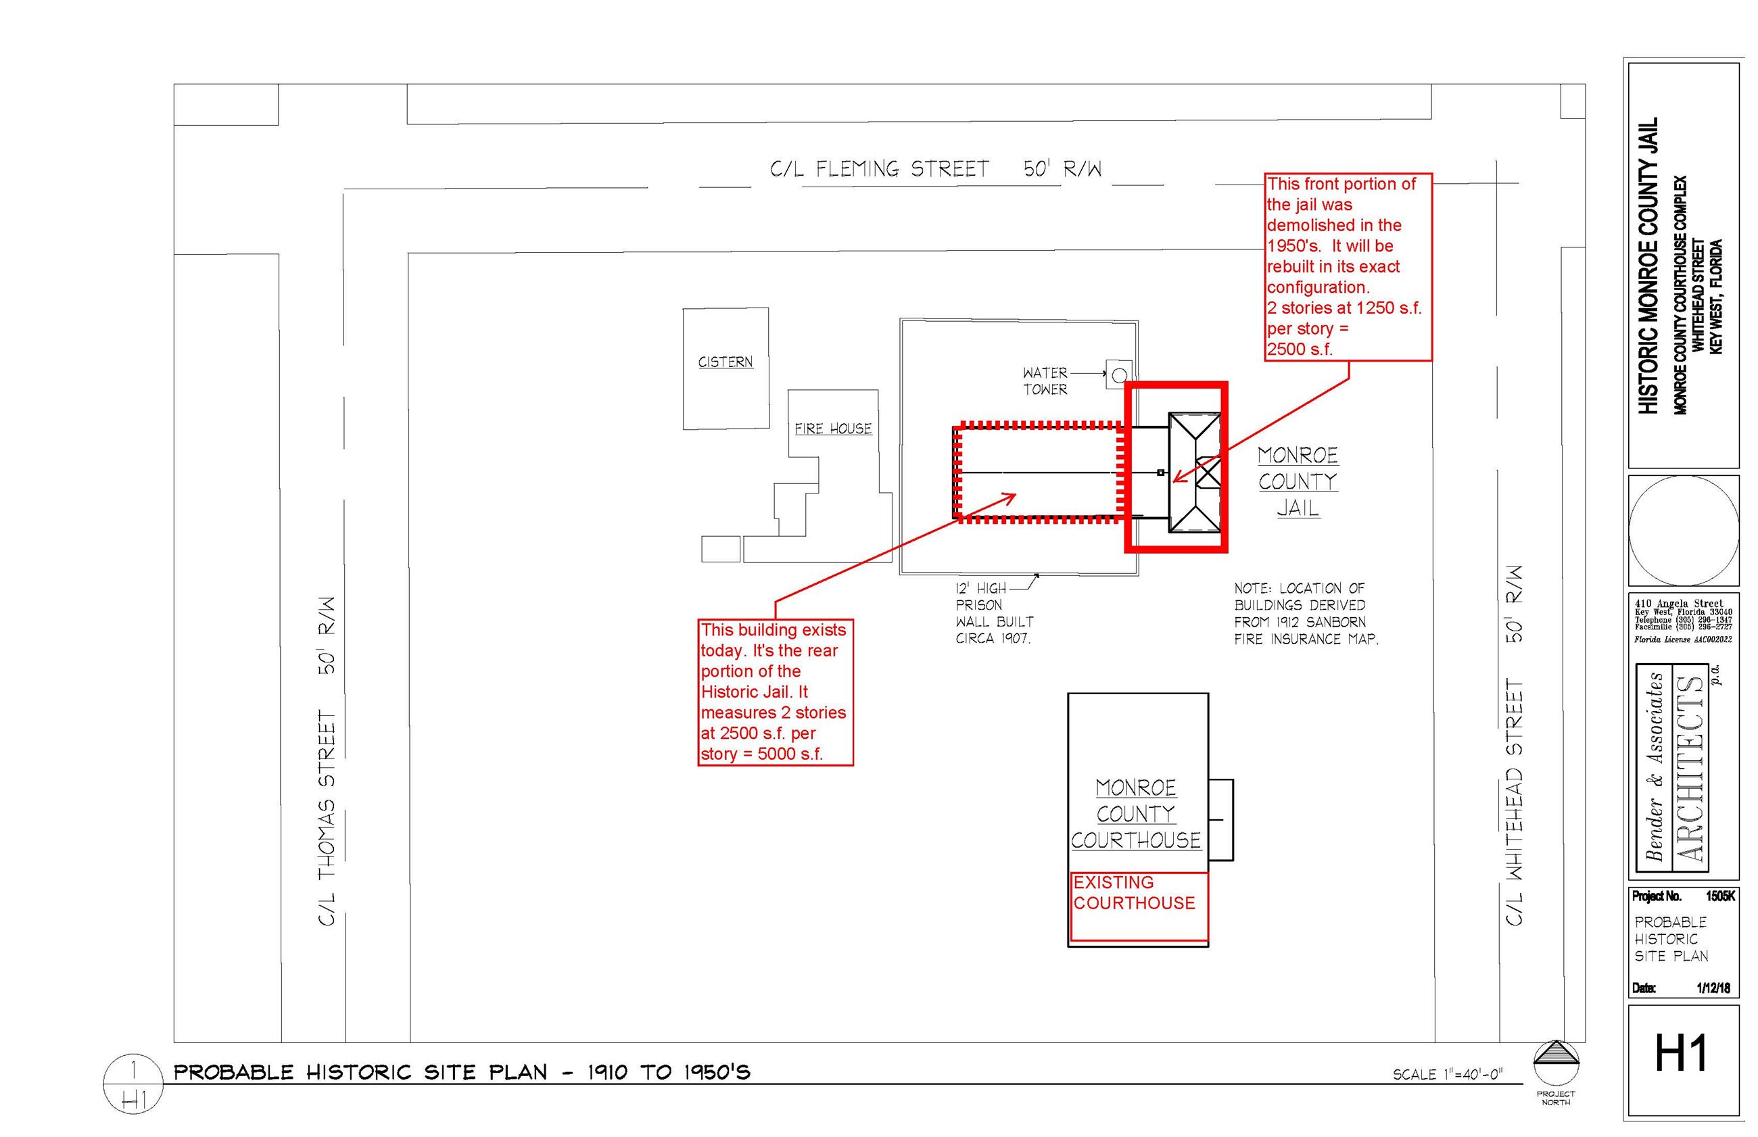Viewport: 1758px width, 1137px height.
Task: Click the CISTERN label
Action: pos(725,362)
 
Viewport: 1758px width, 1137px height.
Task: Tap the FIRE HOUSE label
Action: pos(833,428)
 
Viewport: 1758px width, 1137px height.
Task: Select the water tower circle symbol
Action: pos(1118,375)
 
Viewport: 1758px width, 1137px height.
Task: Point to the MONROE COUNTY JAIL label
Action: pos(1298,481)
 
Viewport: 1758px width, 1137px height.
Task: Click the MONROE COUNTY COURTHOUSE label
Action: pos(1135,814)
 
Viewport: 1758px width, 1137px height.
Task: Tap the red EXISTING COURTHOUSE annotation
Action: pos(1134,892)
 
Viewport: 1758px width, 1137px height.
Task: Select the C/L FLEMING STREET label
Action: pos(934,170)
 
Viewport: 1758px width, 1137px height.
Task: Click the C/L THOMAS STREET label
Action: pos(327,760)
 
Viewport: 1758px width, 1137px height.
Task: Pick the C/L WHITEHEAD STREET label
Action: pos(1514,746)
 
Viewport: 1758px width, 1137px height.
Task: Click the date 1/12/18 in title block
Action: pos(1713,988)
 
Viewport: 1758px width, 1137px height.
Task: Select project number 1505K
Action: pos(1719,896)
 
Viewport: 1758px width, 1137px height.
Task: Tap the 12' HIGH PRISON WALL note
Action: pos(994,614)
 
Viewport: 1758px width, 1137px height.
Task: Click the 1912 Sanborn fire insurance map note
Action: pos(1306,614)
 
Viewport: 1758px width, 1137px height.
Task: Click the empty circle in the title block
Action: pos(1684,531)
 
